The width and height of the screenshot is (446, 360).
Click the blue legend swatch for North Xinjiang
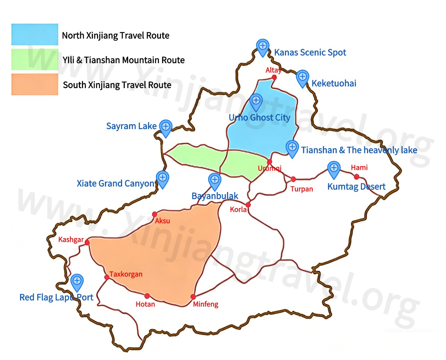(x=35, y=34)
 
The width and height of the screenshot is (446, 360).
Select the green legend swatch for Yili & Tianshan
(x=35, y=59)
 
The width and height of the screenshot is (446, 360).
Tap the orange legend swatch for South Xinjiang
(x=35, y=84)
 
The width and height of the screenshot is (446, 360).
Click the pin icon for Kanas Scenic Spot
(x=262, y=46)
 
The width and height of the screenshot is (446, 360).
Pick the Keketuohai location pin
(x=302, y=78)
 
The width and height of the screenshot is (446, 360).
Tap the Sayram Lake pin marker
(x=166, y=127)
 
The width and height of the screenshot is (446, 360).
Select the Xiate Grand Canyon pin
(x=162, y=178)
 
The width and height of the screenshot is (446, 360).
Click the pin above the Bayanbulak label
(x=215, y=180)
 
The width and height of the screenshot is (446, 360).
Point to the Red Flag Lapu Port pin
(x=77, y=282)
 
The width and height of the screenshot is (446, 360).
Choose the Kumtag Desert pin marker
(x=334, y=169)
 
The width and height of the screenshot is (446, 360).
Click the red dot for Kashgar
(x=87, y=242)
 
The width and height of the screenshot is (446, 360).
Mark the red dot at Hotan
(x=147, y=296)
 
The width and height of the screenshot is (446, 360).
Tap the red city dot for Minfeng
(x=193, y=296)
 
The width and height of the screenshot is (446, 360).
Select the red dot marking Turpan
(x=293, y=179)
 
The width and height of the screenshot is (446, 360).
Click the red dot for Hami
(x=356, y=177)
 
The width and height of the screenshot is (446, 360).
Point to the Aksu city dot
(x=154, y=214)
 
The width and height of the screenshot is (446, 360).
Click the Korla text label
(x=238, y=209)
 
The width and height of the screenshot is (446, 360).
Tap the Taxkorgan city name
(x=126, y=274)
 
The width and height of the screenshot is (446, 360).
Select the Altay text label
(x=273, y=70)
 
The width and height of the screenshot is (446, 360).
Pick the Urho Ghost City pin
(x=256, y=101)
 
